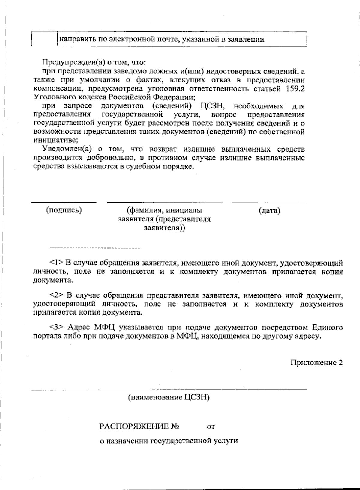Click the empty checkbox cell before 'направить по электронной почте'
[44, 39]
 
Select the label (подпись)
[64, 210]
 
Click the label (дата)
[269, 211]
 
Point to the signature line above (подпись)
[64, 203]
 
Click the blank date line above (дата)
[269, 203]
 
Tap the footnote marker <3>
[57, 327]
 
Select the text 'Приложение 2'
[316, 363]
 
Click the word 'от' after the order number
[211, 427]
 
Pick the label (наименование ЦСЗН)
[169, 398]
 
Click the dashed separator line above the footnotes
[95, 248]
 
